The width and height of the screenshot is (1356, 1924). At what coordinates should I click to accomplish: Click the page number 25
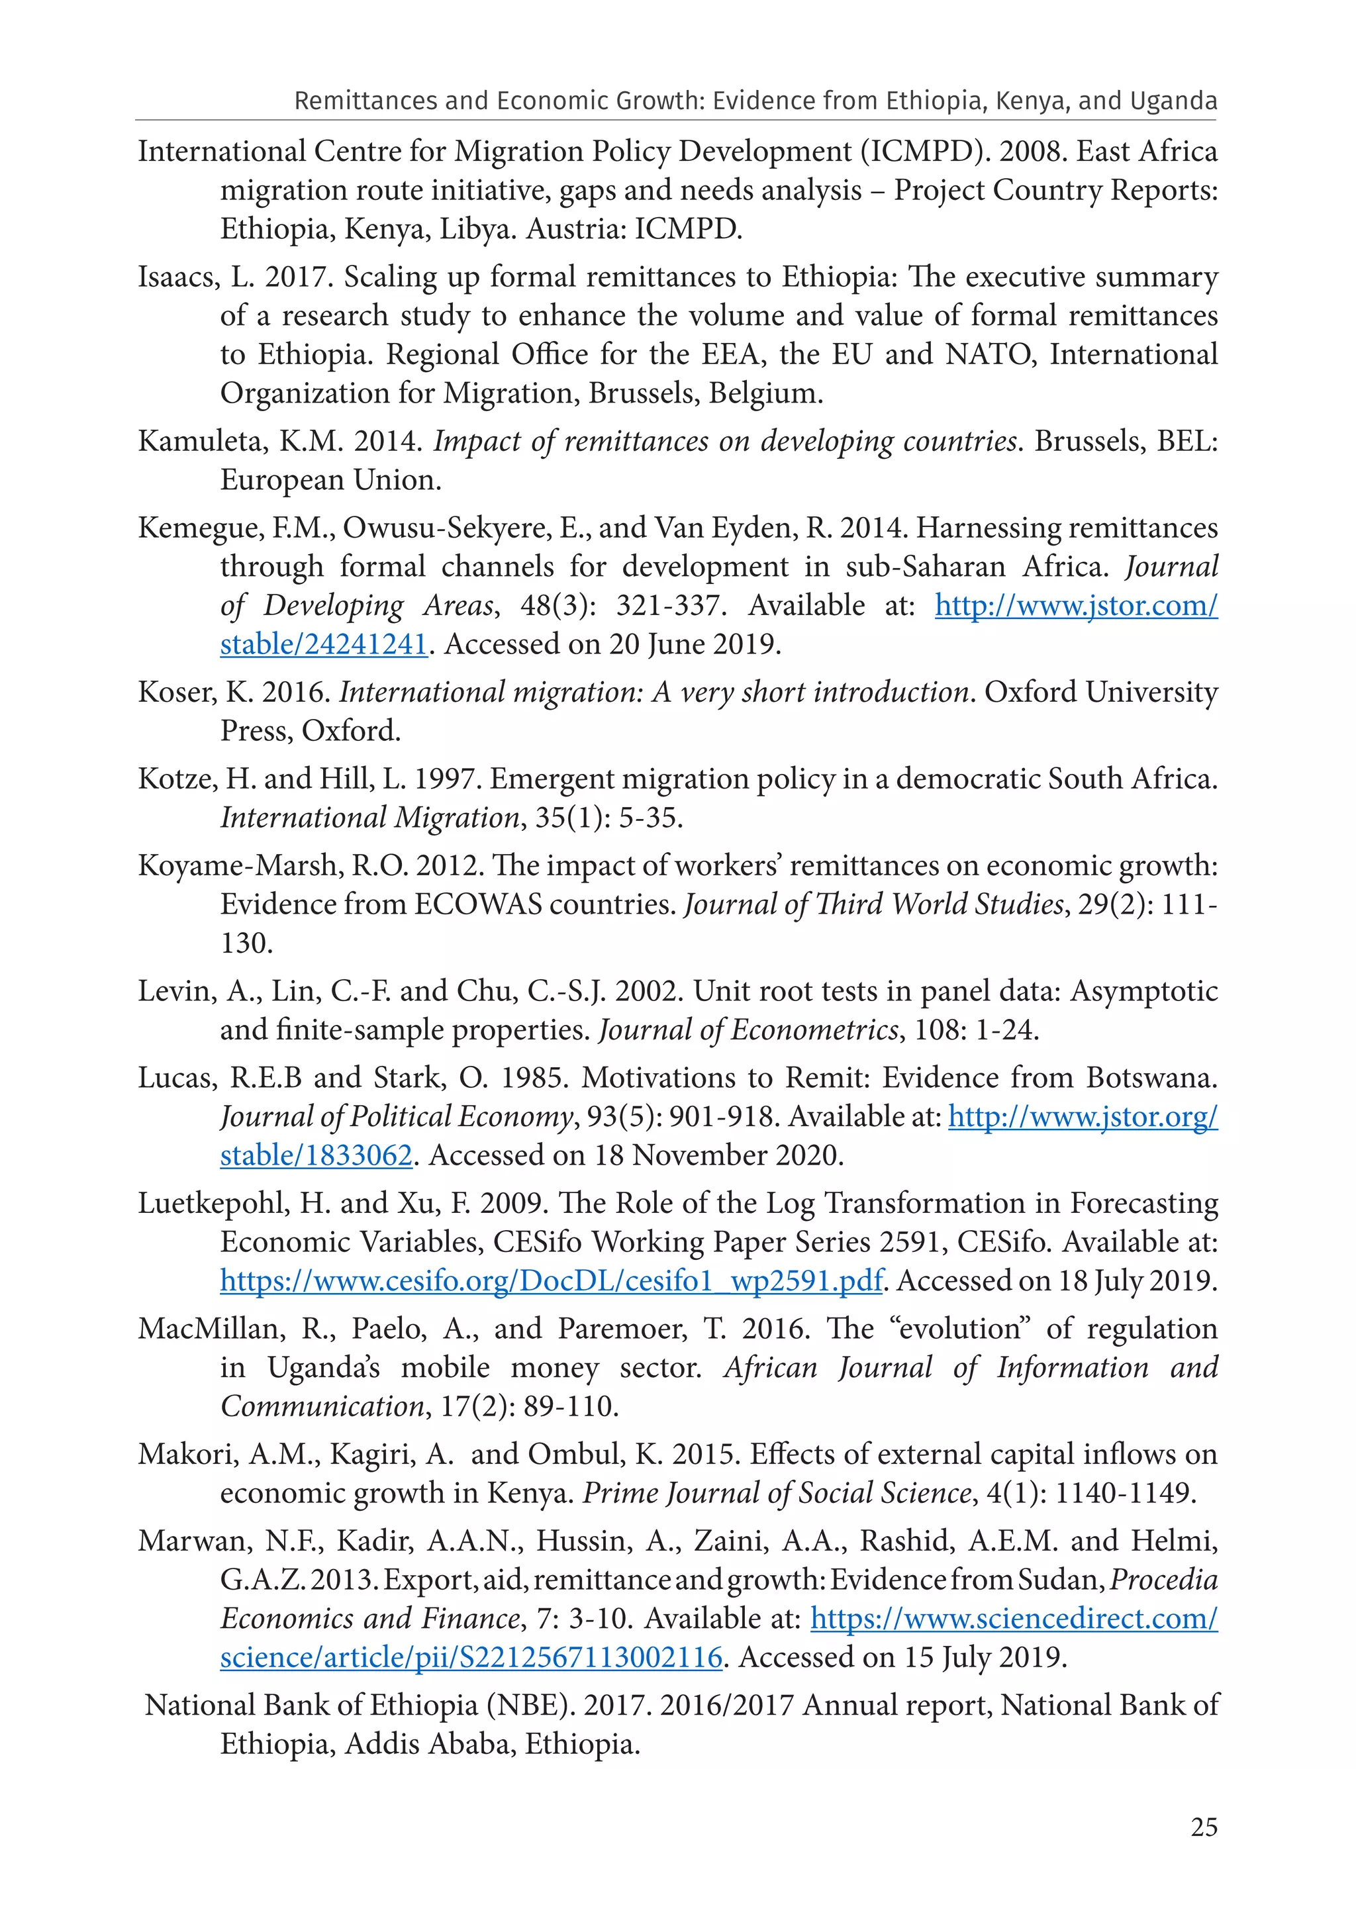click(1204, 1827)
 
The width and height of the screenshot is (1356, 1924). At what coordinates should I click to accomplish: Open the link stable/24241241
click(324, 644)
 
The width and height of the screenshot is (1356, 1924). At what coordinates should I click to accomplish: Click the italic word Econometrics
click(814, 1030)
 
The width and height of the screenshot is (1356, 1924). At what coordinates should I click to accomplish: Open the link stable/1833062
click(316, 1155)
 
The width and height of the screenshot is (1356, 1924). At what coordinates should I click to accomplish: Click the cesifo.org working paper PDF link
click(552, 1281)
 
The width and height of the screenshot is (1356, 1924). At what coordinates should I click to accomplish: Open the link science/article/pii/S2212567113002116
click(471, 1658)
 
